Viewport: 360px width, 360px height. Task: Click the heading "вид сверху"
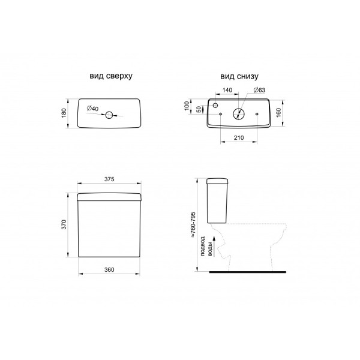[111, 76]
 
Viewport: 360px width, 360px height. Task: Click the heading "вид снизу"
[239, 76]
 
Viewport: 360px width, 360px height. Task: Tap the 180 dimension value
[64, 113]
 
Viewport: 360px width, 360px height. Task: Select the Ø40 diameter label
[93, 108]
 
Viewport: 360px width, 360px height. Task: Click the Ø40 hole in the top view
[109, 115]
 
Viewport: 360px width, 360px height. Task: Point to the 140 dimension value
[227, 90]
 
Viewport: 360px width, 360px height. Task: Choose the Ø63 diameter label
[259, 90]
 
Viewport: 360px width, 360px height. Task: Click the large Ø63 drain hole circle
[239, 114]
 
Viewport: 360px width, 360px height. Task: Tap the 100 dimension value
[187, 106]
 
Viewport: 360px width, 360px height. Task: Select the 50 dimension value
[199, 109]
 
